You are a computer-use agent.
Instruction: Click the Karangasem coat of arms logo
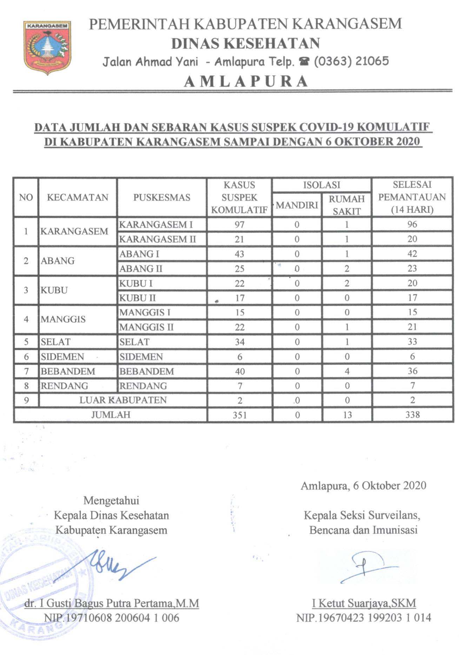point(47,47)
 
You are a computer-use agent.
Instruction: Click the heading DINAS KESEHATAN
point(245,43)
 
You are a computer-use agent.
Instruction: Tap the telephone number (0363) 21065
point(351,61)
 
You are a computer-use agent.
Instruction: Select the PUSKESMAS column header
point(162,197)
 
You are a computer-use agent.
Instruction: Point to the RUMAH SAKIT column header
point(346,205)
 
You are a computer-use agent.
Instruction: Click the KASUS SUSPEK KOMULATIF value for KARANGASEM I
point(239,225)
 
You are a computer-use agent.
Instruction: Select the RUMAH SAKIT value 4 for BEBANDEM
point(347,371)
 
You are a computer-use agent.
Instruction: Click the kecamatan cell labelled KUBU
point(54,291)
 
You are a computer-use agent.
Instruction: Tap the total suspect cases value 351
point(239,415)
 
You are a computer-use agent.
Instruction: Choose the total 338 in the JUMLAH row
point(412,415)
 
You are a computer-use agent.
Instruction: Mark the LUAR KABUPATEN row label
point(123,401)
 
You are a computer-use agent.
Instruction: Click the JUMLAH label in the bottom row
point(111,415)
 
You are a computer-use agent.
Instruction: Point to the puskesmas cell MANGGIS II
point(146,327)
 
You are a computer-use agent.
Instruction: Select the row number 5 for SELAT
point(26,342)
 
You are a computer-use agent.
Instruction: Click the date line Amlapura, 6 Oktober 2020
point(363,486)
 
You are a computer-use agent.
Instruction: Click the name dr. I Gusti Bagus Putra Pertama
point(112,603)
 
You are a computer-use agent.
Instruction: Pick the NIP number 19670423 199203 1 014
point(364,618)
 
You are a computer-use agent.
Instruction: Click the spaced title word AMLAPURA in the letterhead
point(246,81)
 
